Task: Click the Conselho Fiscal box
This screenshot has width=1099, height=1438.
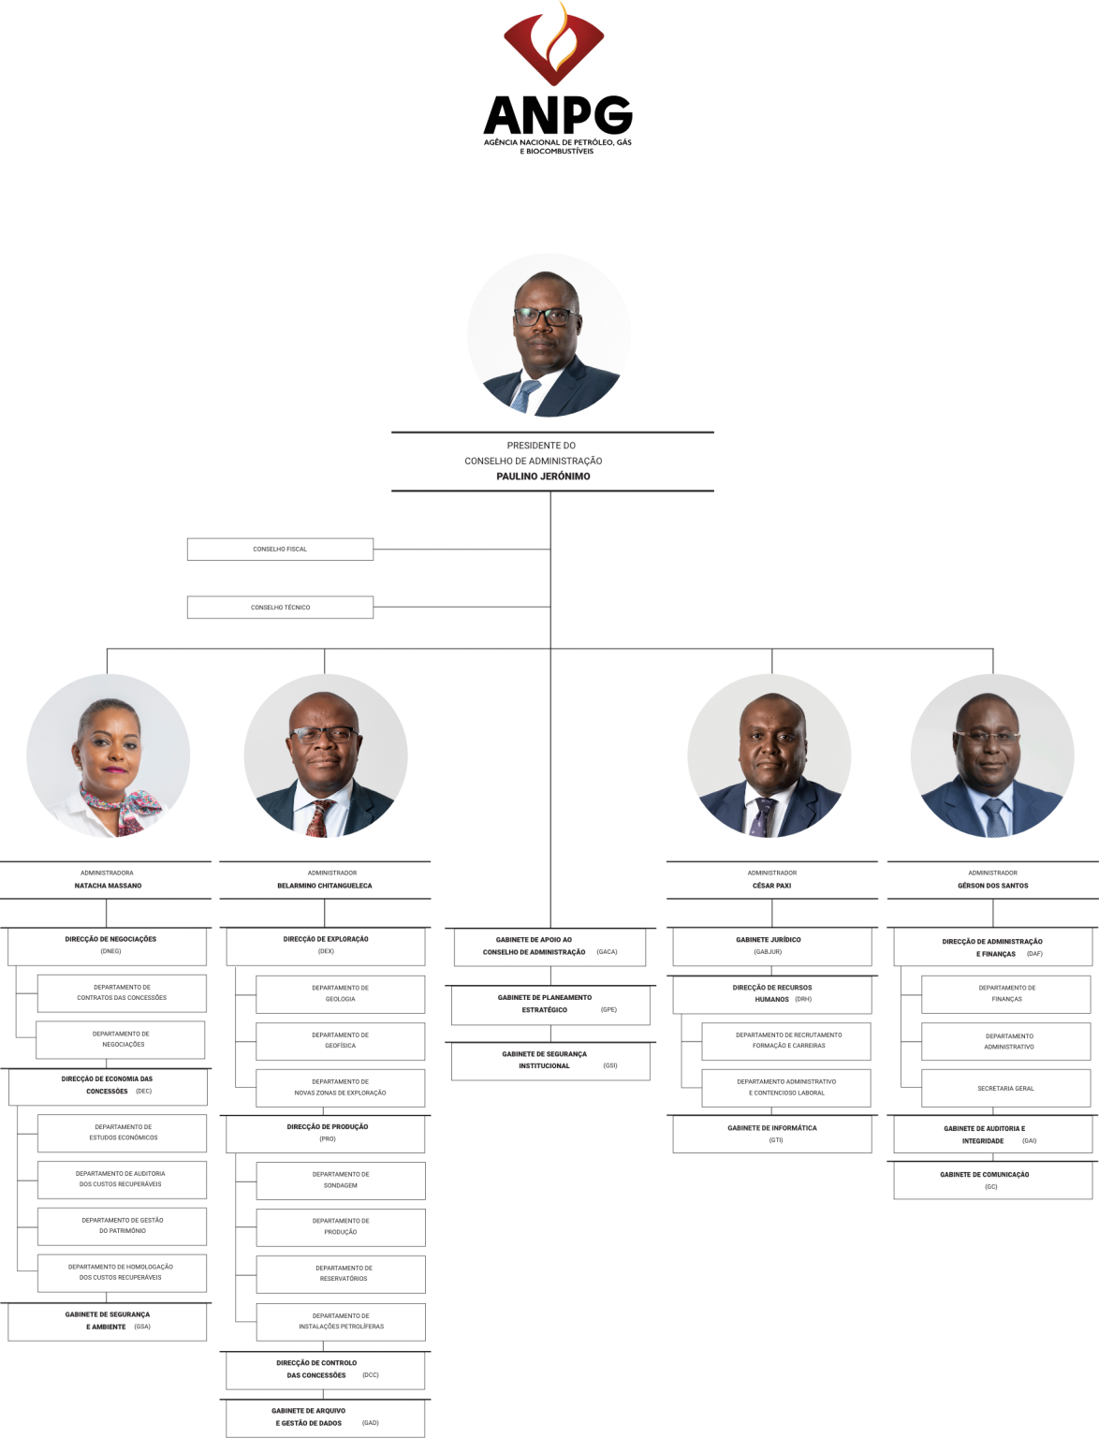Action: click(x=280, y=549)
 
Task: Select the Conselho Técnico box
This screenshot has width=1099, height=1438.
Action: click(x=280, y=608)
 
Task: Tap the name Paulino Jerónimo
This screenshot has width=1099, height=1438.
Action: click(x=543, y=477)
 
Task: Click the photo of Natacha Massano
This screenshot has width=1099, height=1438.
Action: click(x=108, y=756)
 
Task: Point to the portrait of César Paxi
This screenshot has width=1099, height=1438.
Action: click(x=769, y=756)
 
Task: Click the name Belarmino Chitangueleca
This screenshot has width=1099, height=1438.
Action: click(x=324, y=886)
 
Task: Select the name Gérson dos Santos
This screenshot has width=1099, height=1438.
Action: click(x=992, y=886)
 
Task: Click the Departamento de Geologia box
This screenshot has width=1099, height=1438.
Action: click(x=341, y=994)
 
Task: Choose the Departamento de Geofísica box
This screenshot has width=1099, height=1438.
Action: click(x=341, y=1041)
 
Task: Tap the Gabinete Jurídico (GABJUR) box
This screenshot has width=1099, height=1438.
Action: click(x=772, y=946)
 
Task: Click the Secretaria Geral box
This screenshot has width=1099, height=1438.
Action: click(x=1006, y=1088)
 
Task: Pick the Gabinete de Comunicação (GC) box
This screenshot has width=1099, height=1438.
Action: click(x=993, y=1181)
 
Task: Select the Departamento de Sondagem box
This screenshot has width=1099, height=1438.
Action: click(x=341, y=1181)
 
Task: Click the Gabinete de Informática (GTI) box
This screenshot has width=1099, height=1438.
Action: click(x=772, y=1134)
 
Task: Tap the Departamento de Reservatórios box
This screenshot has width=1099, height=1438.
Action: click(x=341, y=1274)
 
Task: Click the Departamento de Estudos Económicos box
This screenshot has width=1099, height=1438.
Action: click(x=122, y=1134)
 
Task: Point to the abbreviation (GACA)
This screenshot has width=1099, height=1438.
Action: click(x=607, y=952)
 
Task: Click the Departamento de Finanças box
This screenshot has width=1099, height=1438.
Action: click(x=1006, y=994)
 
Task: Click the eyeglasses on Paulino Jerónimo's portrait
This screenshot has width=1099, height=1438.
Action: click(x=546, y=317)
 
